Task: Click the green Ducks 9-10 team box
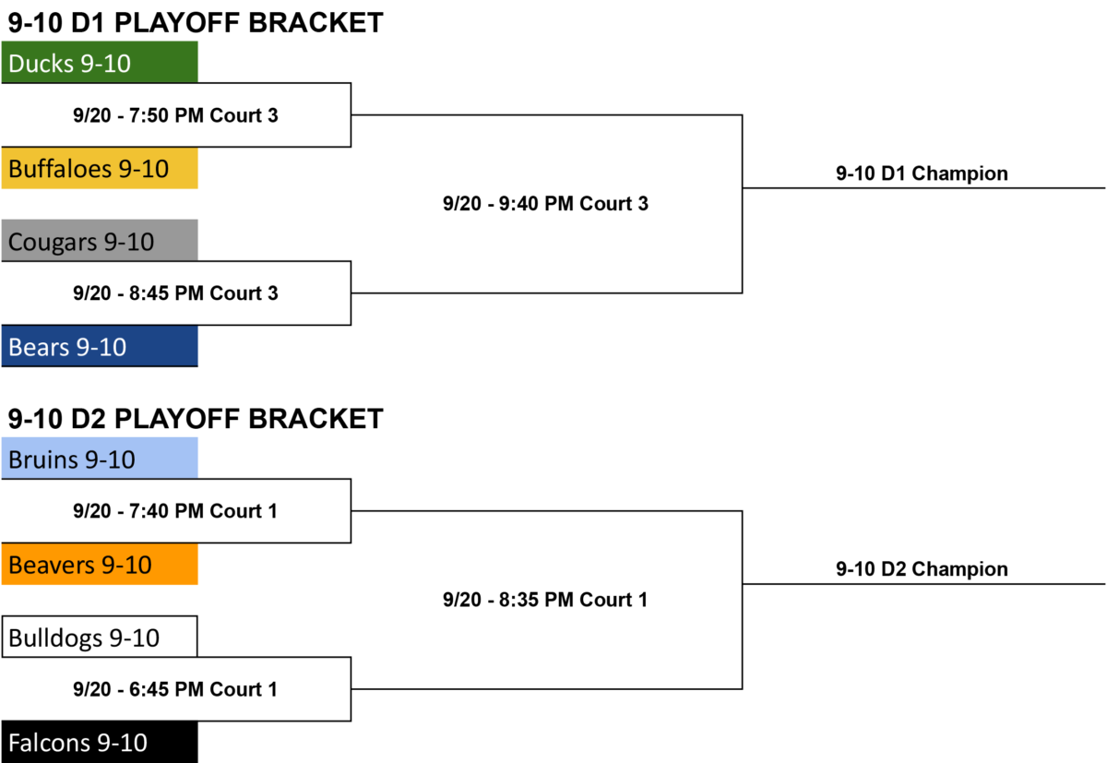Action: pos(100,62)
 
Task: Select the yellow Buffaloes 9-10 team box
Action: pos(100,168)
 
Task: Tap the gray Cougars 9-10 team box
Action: pos(100,240)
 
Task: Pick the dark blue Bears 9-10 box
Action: pos(100,346)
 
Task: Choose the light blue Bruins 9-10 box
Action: pos(100,459)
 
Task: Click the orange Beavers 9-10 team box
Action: pos(100,564)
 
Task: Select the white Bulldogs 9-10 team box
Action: pos(100,637)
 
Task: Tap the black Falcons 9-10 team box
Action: pos(100,742)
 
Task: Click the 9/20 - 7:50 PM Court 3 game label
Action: pos(175,115)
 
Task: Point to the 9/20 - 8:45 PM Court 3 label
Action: pos(175,293)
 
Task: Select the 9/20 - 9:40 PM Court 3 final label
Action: pos(545,204)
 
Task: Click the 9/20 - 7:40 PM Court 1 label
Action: pos(175,511)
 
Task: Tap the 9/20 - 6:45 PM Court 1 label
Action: pos(175,689)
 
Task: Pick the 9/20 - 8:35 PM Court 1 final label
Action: pos(545,600)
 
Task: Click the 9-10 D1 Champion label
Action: pos(922,173)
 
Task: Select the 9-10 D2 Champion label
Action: pos(922,569)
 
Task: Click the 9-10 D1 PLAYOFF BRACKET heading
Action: pos(196,23)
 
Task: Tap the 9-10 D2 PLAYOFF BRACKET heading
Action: pos(196,419)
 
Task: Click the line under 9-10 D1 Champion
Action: pos(923,188)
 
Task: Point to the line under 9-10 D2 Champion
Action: pos(923,584)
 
